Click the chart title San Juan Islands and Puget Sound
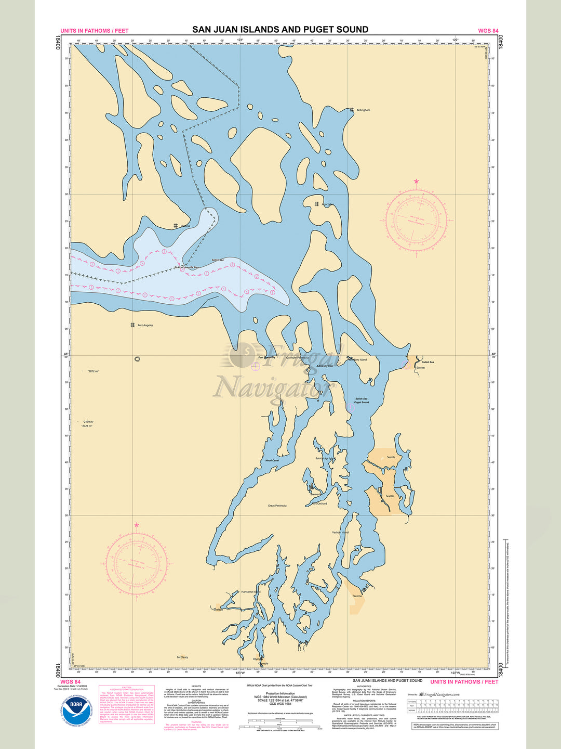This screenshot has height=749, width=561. [280, 30]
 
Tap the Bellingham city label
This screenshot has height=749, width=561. [363, 110]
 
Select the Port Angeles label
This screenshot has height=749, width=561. [145, 325]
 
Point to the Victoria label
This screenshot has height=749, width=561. [185, 226]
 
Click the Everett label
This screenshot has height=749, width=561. [420, 368]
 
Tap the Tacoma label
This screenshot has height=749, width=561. [357, 596]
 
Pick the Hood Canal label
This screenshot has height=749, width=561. [272, 460]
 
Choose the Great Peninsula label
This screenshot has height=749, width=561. [277, 506]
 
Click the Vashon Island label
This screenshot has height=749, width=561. [340, 533]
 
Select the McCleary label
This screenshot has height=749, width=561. [182, 657]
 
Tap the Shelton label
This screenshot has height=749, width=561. [218, 610]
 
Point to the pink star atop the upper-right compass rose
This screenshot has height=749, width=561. [416, 182]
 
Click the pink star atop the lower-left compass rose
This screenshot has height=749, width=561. [137, 525]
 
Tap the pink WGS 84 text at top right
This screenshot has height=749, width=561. [488, 31]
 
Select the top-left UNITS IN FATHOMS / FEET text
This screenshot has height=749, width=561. [94, 31]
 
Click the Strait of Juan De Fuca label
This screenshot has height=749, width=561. [187, 267]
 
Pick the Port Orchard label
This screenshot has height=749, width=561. [319, 503]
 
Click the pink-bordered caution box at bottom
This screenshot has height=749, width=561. [127, 704]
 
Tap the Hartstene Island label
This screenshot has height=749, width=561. [251, 592]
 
